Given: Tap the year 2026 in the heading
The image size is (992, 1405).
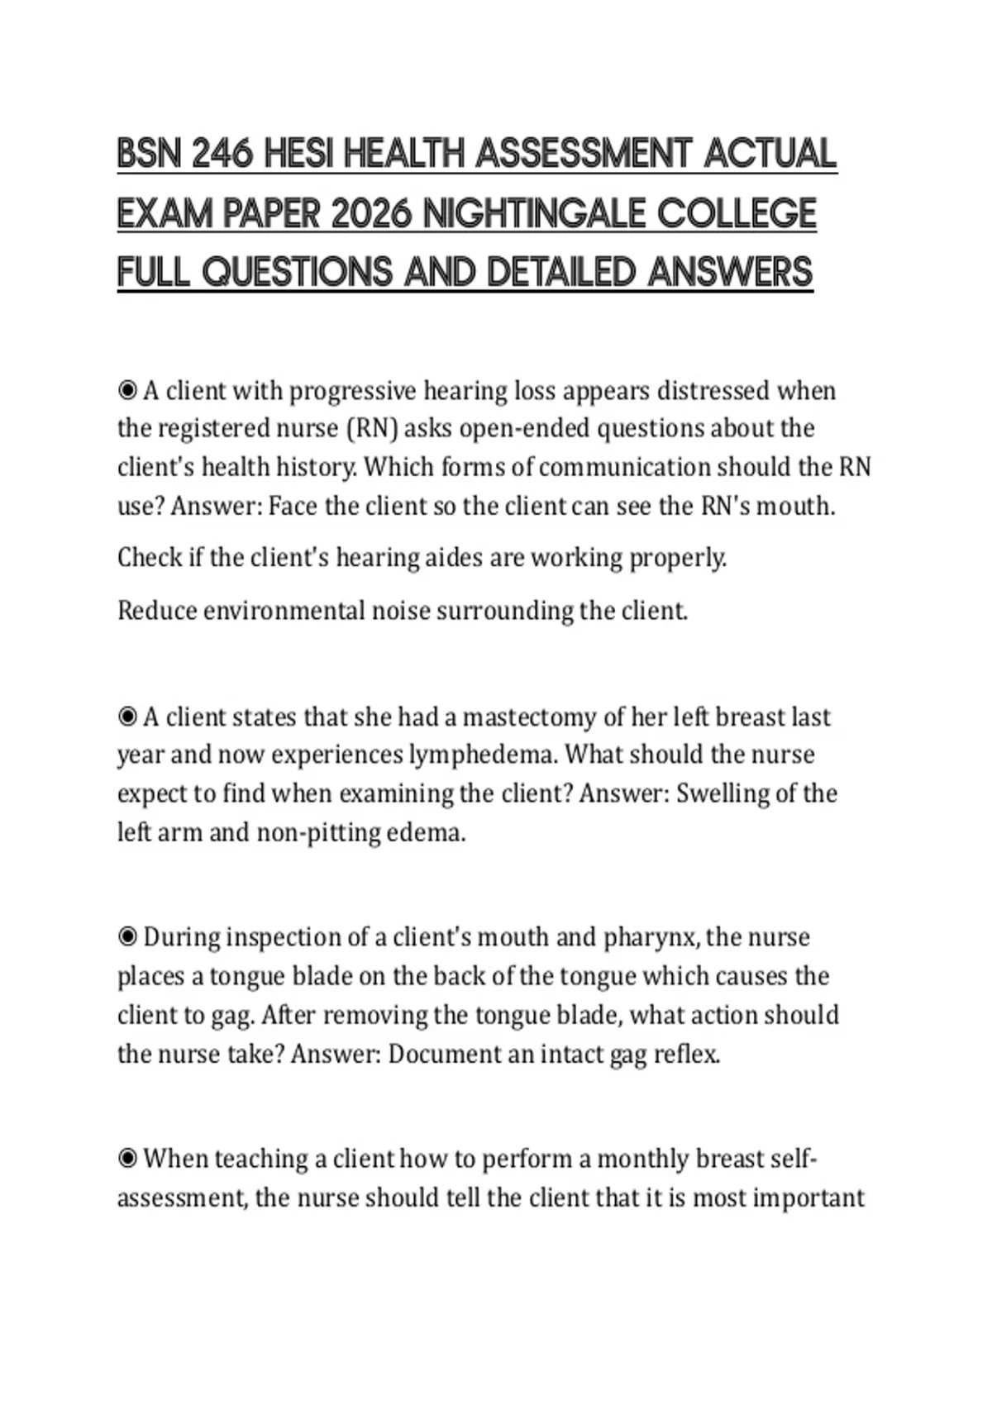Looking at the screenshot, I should (x=370, y=214).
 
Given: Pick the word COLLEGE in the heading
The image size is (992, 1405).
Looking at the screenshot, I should (x=737, y=214).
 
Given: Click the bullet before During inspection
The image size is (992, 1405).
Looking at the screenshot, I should (x=127, y=937).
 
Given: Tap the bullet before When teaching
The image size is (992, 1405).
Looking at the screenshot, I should (x=127, y=1159).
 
